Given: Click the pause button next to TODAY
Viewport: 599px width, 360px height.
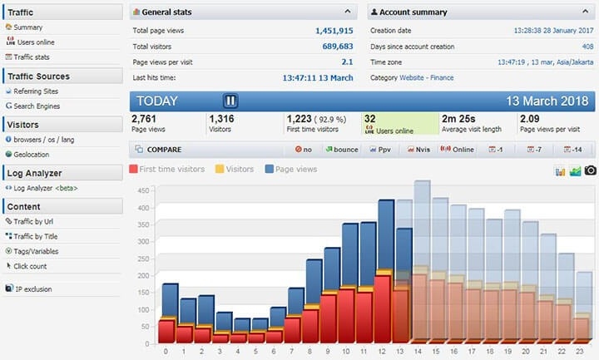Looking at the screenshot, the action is click(x=230, y=101).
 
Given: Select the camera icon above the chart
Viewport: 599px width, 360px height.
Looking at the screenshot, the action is click(x=590, y=170).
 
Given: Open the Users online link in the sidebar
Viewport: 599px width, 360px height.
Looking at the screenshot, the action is click(x=36, y=42).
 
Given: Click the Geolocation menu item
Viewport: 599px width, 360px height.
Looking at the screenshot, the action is click(x=31, y=155).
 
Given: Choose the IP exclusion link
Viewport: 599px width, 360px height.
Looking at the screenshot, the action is click(x=33, y=289).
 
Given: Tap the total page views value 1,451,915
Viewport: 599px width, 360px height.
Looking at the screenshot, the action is click(x=334, y=31).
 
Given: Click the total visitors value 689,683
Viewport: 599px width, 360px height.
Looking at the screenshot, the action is click(x=337, y=47).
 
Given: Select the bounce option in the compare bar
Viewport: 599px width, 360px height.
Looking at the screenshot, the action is click(x=342, y=150).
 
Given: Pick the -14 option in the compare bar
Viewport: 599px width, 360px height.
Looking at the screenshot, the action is click(x=573, y=150).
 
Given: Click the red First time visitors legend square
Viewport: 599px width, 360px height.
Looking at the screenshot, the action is click(x=133, y=169).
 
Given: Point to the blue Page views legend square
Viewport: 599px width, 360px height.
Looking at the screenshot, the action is click(x=270, y=169).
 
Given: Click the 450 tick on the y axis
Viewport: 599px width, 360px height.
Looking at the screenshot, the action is click(x=143, y=190).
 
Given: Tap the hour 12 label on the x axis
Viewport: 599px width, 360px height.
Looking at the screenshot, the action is click(x=381, y=351).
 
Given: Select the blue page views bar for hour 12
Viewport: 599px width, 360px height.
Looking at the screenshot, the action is click(x=386, y=234).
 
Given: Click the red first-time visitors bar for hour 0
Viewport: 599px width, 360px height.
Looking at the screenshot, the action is click(x=166, y=332).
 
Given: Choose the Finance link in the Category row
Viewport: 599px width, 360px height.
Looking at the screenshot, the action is click(x=442, y=78).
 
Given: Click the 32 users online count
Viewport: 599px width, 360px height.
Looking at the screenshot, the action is click(x=369, y=119).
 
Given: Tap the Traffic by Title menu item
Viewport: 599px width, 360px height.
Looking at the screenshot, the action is click(x=36, y=236).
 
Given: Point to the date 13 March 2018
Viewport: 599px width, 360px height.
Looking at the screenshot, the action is click(x=547, y=101).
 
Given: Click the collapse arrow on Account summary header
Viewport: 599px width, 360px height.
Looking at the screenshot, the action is click(x=585, y=12).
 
